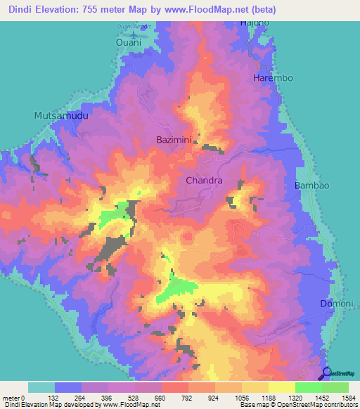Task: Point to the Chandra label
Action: (204, 181)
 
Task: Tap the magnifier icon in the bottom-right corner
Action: (328, 372)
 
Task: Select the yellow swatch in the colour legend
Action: (281, 387)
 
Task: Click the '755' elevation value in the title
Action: (98, 10)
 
